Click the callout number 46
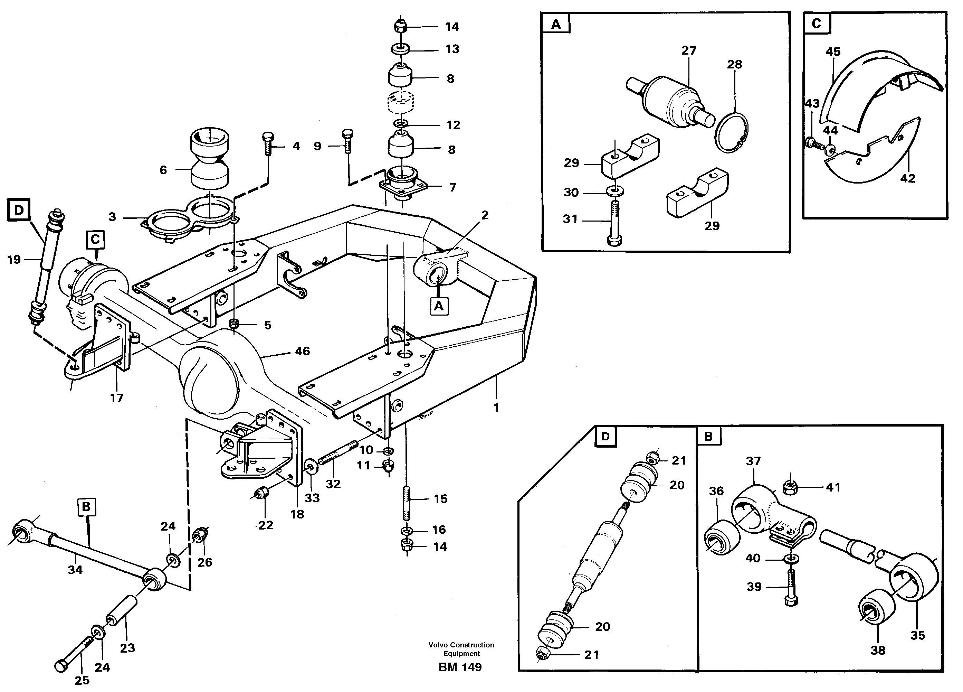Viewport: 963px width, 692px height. [302, 351]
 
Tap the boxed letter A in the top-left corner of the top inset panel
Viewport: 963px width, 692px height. [556, 24]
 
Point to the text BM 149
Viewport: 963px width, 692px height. [460, 667]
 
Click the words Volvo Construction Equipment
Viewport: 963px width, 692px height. [461, 649]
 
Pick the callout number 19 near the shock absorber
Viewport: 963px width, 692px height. [14, 260]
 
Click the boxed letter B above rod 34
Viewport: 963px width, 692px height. [87, 507]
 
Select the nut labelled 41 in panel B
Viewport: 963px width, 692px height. [790, 488]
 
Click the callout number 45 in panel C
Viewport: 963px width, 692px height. [833, 52]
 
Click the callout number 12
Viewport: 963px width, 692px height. [453, 125]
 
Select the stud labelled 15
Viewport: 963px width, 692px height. [406, 503]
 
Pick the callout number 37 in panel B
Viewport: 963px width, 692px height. [753, 461]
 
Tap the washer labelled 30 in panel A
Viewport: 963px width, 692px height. [615, 191]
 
